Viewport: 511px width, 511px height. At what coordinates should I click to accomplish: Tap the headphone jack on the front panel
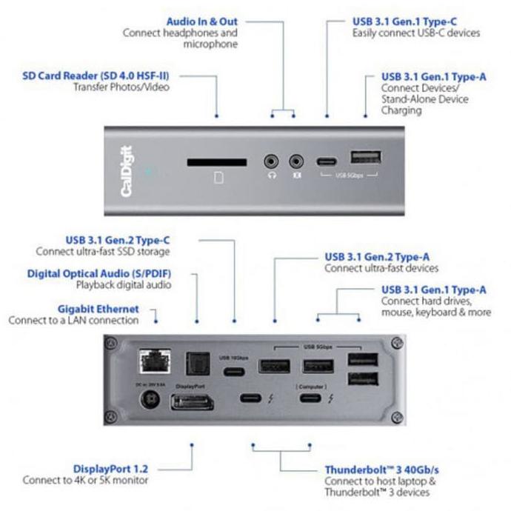tap(273, 160)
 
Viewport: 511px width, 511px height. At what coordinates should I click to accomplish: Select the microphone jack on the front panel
tap(297, 160)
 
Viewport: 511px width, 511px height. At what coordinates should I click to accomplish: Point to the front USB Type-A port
tap(365, 158)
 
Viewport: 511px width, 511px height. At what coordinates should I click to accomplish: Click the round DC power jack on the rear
tap(151, 401)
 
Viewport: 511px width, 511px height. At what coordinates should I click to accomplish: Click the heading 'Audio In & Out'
tap(196, 21)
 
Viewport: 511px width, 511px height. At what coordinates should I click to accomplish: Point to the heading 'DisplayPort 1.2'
tap(110, 469)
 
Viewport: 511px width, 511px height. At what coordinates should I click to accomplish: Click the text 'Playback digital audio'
tap(122, 284)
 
